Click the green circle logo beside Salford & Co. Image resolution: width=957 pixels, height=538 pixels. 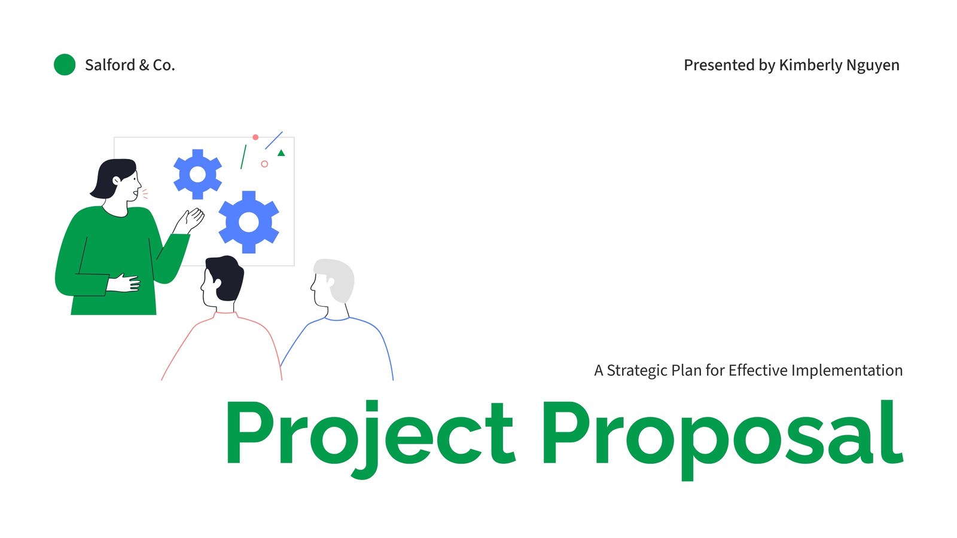click(x=65, y=65)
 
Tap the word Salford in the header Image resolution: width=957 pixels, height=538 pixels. click(x=110, y=65)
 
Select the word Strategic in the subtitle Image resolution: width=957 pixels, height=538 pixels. click(x=637, y=371)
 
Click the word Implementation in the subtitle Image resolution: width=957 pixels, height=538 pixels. click(x=847, y=371)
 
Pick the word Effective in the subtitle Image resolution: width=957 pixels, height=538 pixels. click(x=757, y=370)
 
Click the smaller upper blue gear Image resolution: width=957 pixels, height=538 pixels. click(x=197, y=174)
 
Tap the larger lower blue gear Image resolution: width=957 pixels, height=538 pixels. click(x=249, y=222)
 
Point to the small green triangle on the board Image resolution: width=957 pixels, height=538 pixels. click(x=281, y=153)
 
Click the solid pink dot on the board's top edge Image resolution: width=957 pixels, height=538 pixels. click(x=255, y=137)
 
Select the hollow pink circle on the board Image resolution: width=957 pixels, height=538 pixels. click(x=264, y=164)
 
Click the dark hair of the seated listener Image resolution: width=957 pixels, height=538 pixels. click(x=227, y=277)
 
